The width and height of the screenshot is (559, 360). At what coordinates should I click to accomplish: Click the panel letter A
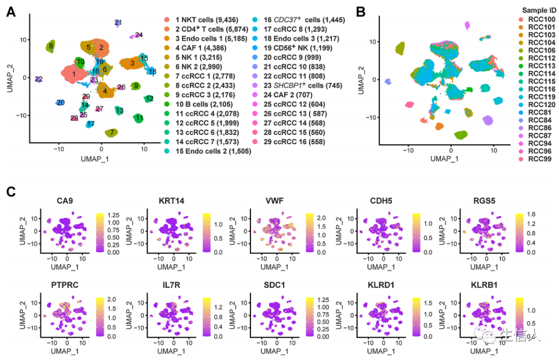[x=10, y=12]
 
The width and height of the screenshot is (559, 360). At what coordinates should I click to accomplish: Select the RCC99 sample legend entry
[x=533, y=159]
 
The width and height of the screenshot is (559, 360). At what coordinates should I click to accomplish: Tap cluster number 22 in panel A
[x=39, y=79]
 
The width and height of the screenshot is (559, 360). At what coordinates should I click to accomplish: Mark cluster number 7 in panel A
[x=111, y=133]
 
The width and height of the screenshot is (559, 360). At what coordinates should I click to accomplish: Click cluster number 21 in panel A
[x=118, y=23]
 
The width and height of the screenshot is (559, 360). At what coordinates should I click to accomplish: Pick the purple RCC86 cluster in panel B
[x=488, y=121]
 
